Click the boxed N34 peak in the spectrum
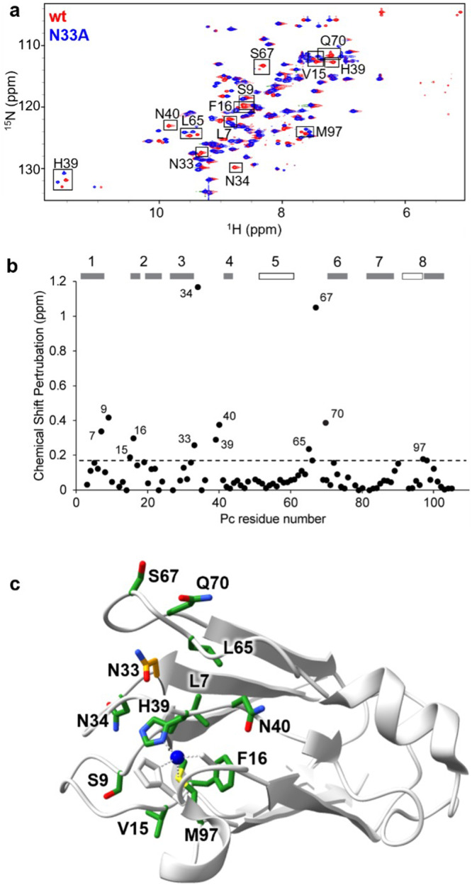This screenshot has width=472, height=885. click(x=236, y=167)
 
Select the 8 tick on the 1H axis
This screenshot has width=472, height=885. click(x=281, y=212)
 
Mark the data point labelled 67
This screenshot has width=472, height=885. click(x=315, y=308)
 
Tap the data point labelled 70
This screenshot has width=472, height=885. click(x=326, y=422)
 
